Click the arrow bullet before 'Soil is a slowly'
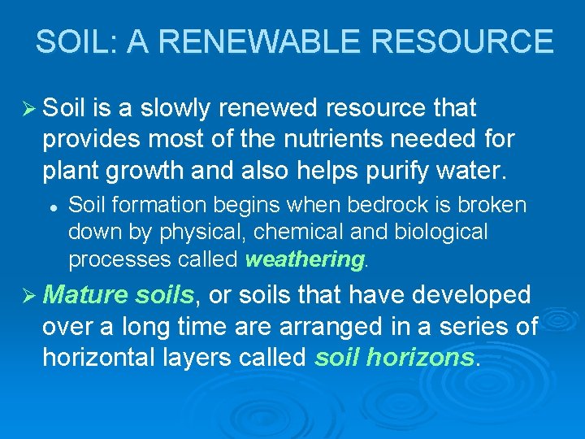[x=30, y=108]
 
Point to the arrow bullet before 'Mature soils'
[x=30, y=295]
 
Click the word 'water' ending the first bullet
[x=474, y=172]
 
